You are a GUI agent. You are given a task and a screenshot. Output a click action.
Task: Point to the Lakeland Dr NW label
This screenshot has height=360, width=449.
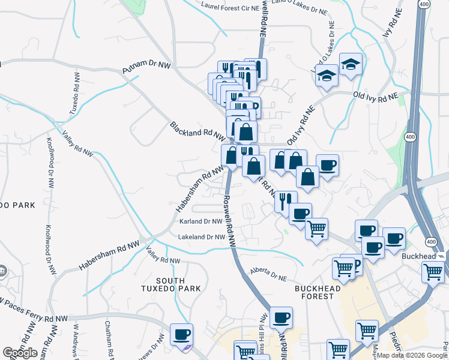(x=202, y=237)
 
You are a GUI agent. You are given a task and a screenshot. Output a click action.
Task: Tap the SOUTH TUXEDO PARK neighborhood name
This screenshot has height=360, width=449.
(x=178, y=284)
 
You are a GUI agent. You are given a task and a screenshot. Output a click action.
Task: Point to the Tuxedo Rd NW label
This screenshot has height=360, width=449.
(x=75, y=94)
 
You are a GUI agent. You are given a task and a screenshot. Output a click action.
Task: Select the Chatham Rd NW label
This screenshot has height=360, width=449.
(x=109, y=340)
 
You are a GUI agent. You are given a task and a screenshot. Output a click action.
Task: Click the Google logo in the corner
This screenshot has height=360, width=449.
(x=20, y=353)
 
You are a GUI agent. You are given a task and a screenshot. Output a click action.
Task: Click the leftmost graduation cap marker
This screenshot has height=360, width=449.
(x=327, y=76)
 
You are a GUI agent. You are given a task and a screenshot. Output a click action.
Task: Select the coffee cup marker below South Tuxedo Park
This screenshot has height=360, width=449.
(x=181, y=334)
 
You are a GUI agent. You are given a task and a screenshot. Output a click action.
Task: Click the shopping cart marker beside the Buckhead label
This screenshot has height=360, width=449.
(x=432, y=271)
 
